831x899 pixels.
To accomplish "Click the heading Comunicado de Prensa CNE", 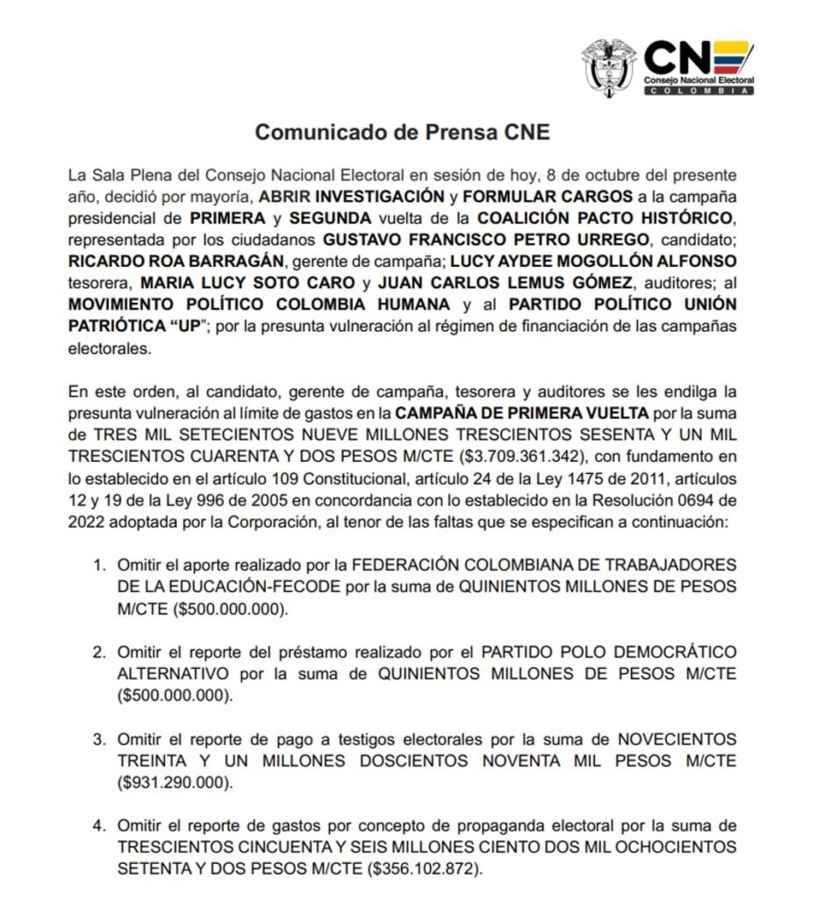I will click(402, 133).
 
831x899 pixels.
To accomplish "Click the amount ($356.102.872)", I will click(426, 869).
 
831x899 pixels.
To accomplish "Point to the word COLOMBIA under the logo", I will click(698, 90).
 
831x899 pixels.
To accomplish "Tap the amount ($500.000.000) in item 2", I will click(176, 695).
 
